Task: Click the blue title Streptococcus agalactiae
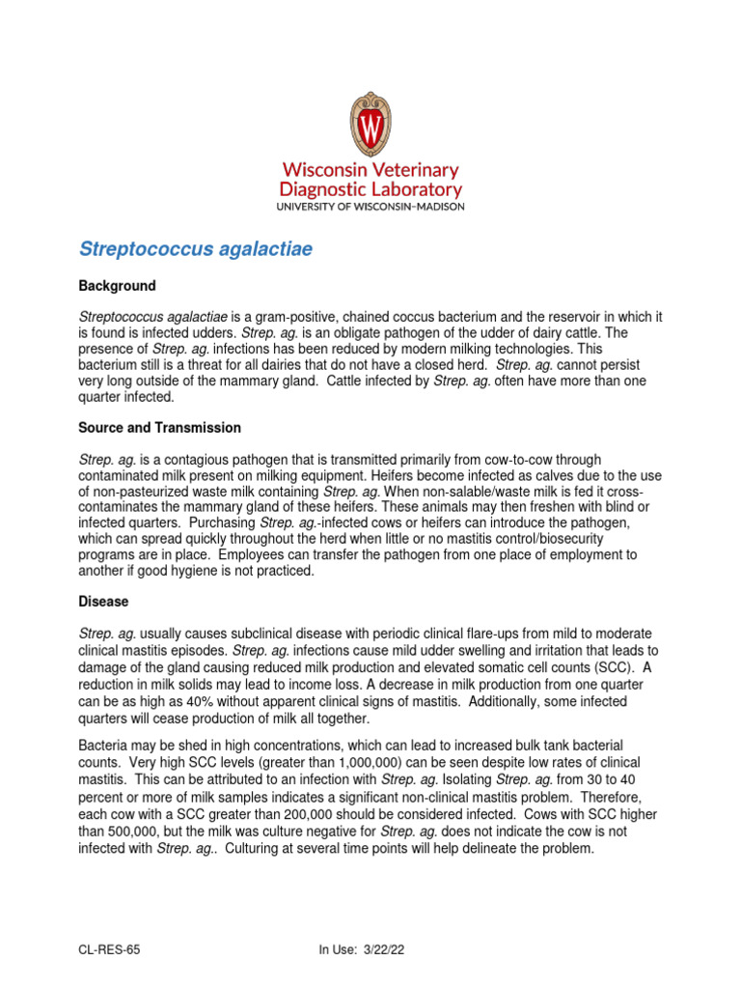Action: click(x=196, y=249)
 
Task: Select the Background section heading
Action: click(x=117, y=287)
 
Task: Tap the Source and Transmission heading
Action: click(x=159, y=428)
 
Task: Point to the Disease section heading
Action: click(x=103, y=601)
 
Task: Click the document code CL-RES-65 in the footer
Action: click(x=109, y=949)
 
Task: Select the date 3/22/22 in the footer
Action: click(x=382, y=949)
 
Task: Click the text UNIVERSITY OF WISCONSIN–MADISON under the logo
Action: click(x=370, y=206)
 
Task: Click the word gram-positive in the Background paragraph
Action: click(x=290, y=318)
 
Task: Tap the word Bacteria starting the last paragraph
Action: click(x=104, y=745)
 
